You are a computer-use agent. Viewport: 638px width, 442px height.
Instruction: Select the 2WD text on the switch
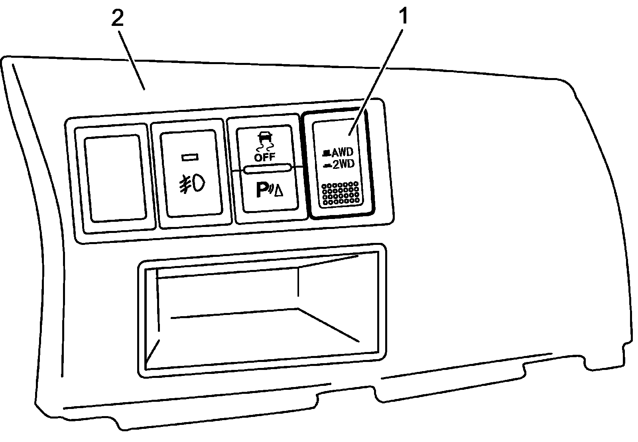coord(343,164)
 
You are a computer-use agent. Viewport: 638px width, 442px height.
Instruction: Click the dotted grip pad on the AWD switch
coord(341,194)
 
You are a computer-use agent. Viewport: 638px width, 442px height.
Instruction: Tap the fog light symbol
coord(192,184)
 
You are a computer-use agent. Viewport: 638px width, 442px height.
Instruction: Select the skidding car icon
coord(265,138)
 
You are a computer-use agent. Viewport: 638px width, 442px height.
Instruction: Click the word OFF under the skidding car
coord(265,157)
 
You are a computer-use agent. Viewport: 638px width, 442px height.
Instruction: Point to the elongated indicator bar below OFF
coord(267,169)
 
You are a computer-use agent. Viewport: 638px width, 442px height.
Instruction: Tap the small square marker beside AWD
coord(327,152)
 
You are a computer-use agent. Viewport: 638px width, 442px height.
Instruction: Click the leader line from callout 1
coord(377,76)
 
